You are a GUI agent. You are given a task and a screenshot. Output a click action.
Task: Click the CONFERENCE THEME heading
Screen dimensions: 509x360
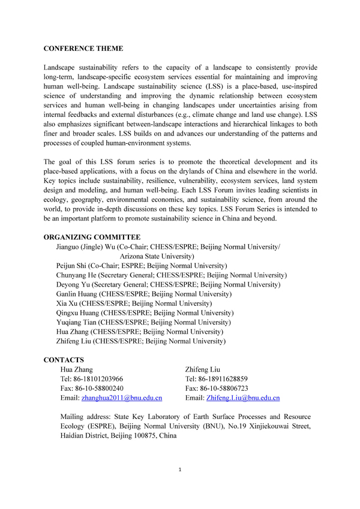pos(83,47)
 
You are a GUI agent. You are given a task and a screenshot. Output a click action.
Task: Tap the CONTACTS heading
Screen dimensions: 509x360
pos(64,360)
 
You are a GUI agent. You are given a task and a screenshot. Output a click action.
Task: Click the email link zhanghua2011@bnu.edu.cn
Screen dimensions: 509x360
pos(122,397)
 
